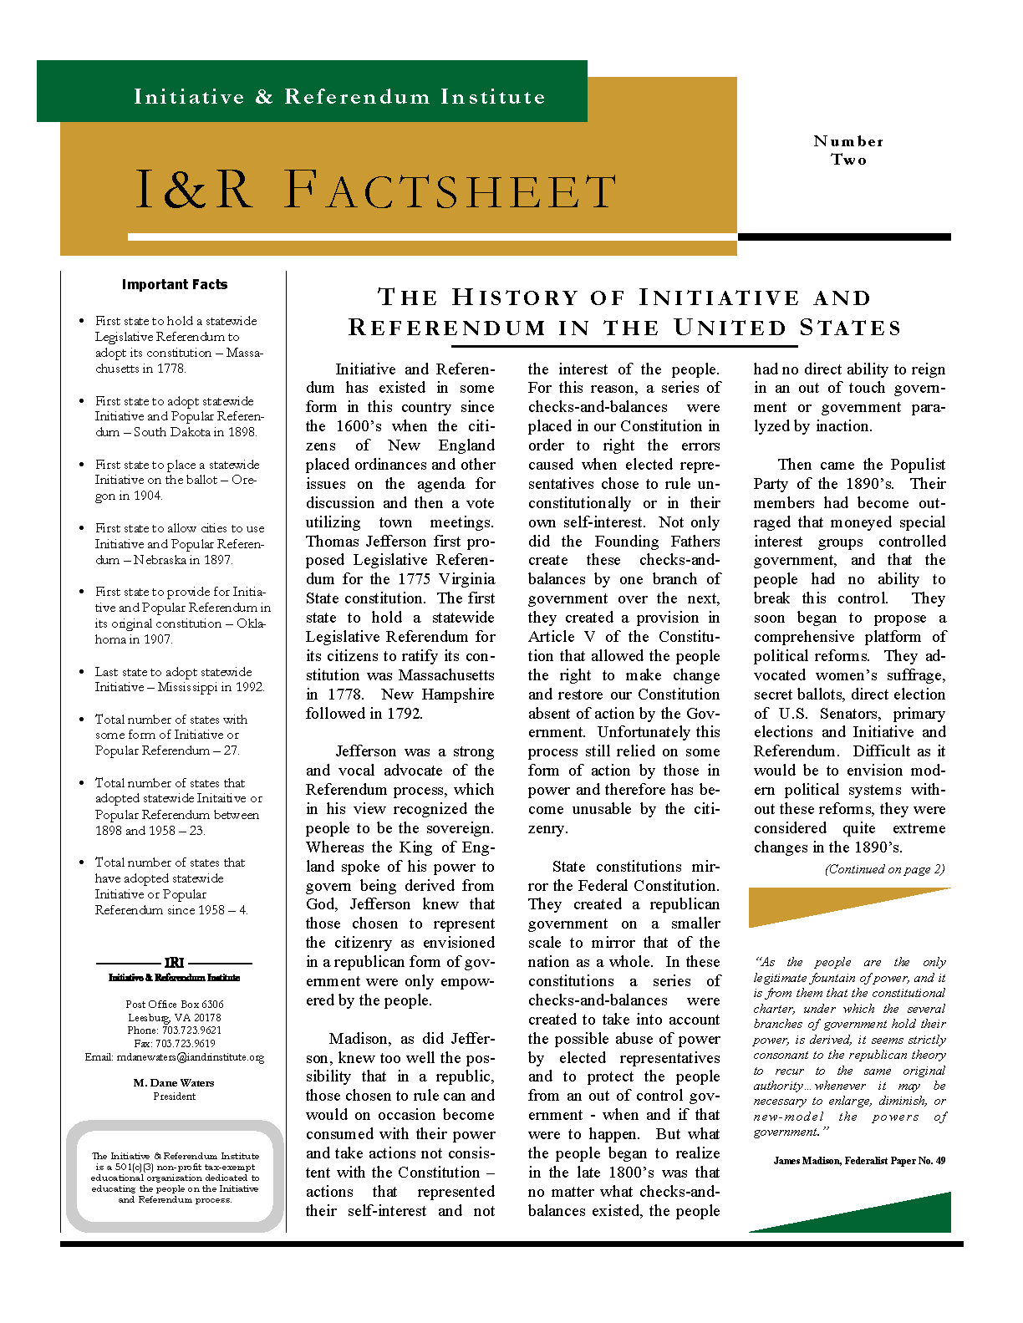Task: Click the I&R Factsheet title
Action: [375, 191]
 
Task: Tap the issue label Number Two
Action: [848, 150]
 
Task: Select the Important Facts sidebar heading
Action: [175, 284]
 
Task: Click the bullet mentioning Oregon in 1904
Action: [176, 480]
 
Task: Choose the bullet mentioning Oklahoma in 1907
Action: [181, 615]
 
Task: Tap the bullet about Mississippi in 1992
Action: [179, 679]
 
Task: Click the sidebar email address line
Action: [174, 1057]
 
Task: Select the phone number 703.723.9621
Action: [175, 1030]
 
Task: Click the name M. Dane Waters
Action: [174, 1082]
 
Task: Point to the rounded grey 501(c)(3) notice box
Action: [175, 1177]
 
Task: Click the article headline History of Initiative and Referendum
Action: [625, 312]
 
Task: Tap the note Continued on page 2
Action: [884, 869]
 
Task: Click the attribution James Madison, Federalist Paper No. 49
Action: [859, 1161]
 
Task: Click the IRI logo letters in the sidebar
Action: [174, 963]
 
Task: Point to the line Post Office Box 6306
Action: [175, 1004]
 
